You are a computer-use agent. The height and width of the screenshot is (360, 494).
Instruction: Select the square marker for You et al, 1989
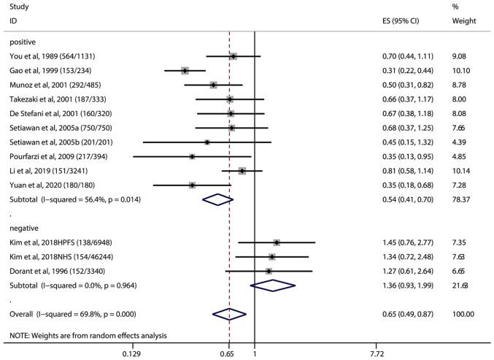(x=234, y=56)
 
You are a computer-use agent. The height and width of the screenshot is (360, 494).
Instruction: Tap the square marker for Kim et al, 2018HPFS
(x=277, y=242)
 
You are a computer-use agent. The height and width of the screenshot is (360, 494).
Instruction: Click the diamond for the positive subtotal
(x=217, y=199)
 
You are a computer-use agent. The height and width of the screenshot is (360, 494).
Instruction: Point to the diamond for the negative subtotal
(x=271, y=285)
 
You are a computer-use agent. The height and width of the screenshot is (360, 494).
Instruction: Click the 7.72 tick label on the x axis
(x=377, y=353)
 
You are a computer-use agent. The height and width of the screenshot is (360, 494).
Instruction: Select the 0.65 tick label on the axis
(x=229, y=353)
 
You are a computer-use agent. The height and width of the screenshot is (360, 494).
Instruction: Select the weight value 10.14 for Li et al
(x=463, y=171)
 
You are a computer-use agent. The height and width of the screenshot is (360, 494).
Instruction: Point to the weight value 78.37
(x=463, y=199)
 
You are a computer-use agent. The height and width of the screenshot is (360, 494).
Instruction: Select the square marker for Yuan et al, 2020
(x=192, y=185)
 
